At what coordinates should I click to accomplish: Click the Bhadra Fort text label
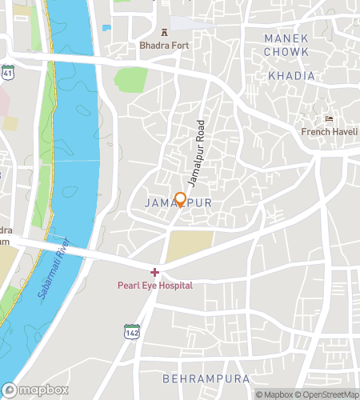click(164, 46)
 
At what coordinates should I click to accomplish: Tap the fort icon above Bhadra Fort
click(165, 33)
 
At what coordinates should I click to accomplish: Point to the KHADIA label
click(291, 76)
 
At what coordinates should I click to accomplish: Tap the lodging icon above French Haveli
click(329, 118)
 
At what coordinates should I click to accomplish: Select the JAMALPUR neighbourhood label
click(179, 203)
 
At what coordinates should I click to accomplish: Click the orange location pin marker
click(181, 199)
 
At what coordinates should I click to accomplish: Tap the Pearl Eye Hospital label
click(155, 285)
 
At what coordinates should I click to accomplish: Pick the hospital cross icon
click(155, 273)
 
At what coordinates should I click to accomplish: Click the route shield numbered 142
click(131, 331)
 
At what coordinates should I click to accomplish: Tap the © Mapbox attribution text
click(274, 394)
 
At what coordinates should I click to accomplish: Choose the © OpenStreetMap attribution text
click(327, 394)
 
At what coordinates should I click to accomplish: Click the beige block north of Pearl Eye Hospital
click(191, 245)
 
